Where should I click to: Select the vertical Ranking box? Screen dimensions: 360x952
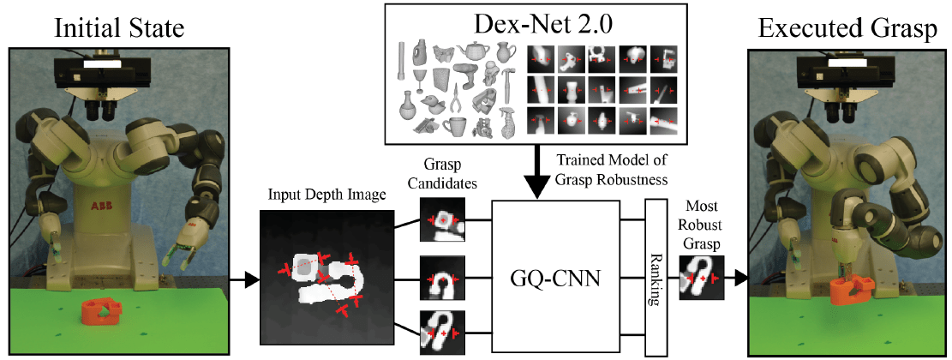pos(656,277)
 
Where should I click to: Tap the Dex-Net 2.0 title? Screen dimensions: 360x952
pos(536,21)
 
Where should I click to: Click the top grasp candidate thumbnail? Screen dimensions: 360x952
pos(442,220)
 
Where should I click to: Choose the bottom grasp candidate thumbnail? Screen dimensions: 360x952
pos(442,333)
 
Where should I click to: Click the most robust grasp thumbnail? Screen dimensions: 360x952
pos(701,278)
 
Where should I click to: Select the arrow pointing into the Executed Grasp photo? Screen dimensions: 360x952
pos(736,278)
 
